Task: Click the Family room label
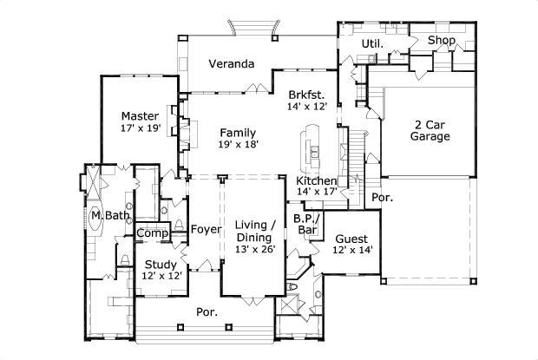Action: (237, 133)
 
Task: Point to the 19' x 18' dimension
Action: (237, 145)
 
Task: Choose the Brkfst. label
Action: (305, 95)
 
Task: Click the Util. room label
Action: (373, 42)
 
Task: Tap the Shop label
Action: (442, 40)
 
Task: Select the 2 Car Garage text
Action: (430, 129)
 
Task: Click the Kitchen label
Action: (316, 180)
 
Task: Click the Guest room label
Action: (351, 239)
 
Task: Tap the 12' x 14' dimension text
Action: (351, 251)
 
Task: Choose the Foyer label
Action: (206, 229)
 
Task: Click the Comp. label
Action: (152, 233)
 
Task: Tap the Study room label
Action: (161, 265)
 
